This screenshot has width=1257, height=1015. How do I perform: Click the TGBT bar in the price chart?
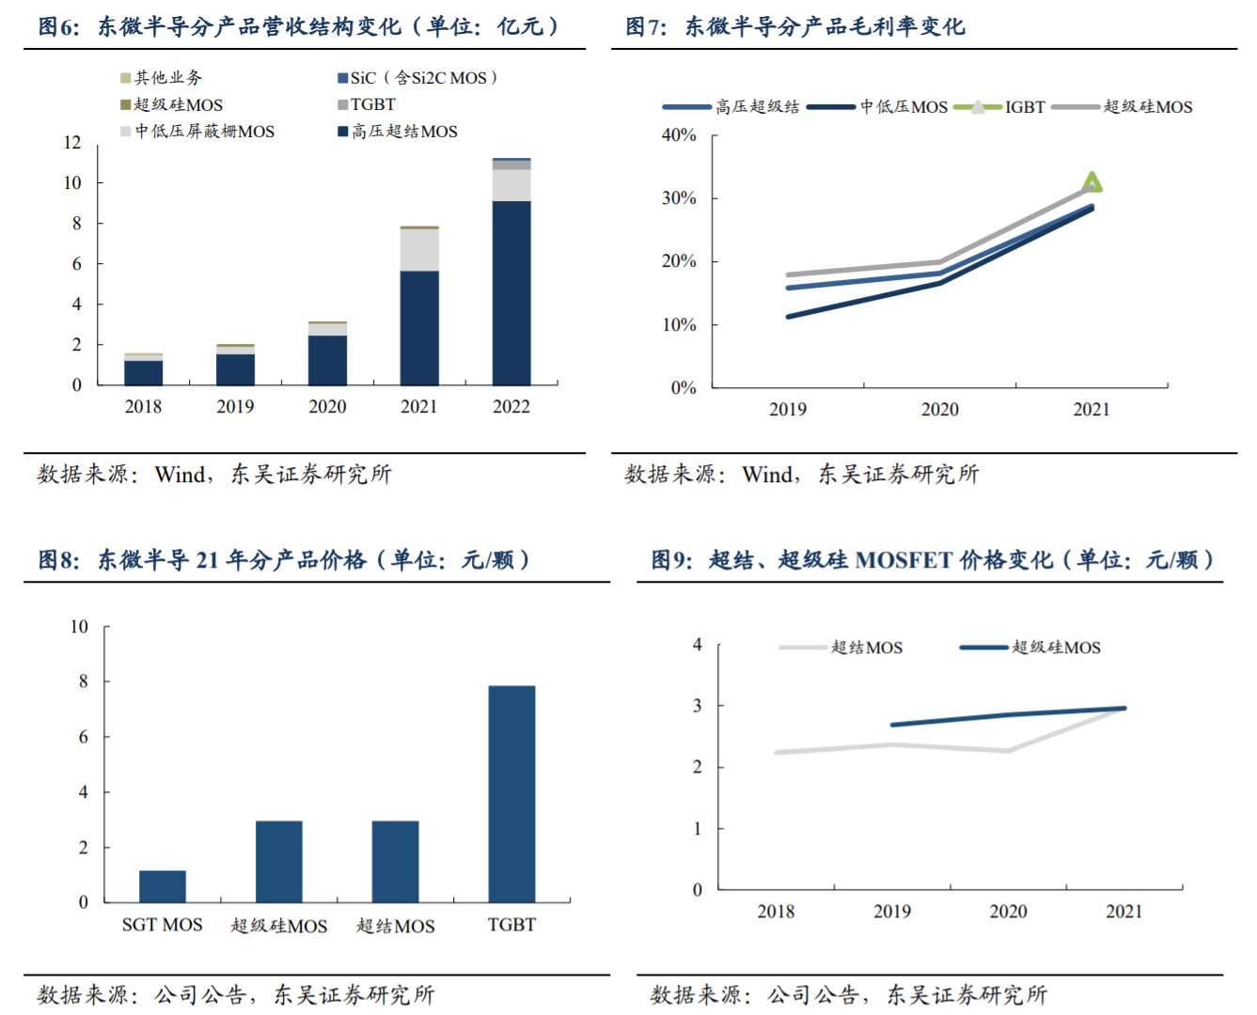tap(511, 794)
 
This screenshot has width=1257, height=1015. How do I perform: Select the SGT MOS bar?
tap(163, 886)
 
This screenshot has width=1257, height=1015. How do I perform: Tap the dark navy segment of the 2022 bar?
tap(511, 292)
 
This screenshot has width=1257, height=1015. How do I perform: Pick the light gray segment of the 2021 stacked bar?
tap(419, 250)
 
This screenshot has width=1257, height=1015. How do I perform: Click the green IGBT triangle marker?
tap(1092, 182)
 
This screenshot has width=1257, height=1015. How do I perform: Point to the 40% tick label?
tap(679, 135)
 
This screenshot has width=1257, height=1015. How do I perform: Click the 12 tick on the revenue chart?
tap(72, 143)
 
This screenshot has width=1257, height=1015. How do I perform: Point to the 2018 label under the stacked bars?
tap(143, 407)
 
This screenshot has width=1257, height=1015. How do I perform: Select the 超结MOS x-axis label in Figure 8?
tap(396, 926)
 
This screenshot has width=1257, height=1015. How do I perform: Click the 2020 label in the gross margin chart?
tap(939, 410)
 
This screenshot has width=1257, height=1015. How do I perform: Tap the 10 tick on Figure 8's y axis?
tap(79, 627)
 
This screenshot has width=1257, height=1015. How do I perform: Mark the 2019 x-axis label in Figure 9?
tap(891, 912)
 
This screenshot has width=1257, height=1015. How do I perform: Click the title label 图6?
tap(57, 26)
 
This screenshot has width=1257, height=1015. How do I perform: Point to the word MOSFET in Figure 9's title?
tap(903, 560)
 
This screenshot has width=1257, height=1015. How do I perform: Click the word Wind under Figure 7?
tap(767, 475)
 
